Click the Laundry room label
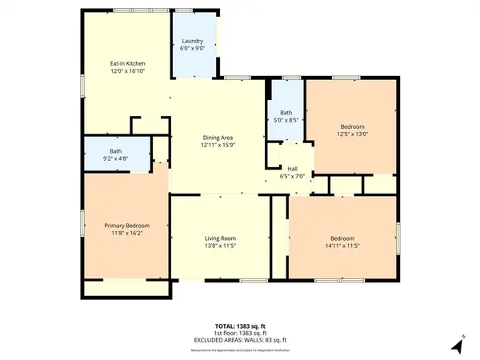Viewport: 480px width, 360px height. (192, 41)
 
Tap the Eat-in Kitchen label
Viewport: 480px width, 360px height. (127, 62)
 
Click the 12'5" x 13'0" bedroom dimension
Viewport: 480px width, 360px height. (353, 134)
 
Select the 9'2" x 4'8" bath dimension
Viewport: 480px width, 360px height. (116, 158)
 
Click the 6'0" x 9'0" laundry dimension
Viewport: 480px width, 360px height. (192, 48)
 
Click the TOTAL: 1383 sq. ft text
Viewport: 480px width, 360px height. (239, 325)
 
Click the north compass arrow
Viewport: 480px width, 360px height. (457, 346)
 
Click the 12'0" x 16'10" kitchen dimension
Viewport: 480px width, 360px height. (127, 70)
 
